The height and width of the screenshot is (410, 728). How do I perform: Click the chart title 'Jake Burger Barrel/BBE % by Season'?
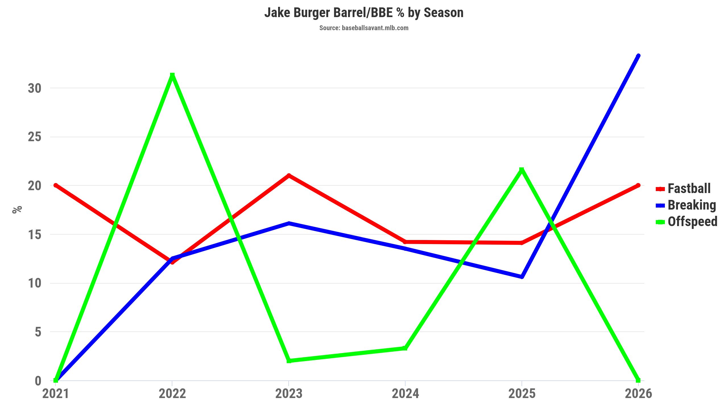364,13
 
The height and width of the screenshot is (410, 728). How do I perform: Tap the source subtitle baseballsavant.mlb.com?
364,28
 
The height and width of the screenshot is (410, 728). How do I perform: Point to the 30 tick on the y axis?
35,88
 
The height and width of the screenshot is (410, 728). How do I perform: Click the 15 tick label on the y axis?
35,235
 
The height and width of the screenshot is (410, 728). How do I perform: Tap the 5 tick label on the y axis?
38,332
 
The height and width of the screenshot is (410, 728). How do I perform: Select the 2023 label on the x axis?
289,394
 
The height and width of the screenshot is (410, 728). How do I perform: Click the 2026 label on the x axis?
638,394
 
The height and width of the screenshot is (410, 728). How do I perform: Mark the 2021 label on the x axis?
56,394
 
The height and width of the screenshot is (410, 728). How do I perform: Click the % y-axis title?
17,209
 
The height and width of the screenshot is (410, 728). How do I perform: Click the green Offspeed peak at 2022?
172,75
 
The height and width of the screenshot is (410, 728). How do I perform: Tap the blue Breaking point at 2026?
638,56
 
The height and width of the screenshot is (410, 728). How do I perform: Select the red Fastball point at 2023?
289,175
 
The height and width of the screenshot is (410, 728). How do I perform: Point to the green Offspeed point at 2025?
522,170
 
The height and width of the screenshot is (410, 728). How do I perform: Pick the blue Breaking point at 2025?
522,276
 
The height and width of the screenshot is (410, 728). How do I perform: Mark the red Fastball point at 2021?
56,185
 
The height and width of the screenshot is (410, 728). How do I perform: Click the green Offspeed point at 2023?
289,361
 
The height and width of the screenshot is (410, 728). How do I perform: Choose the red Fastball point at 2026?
638,185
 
